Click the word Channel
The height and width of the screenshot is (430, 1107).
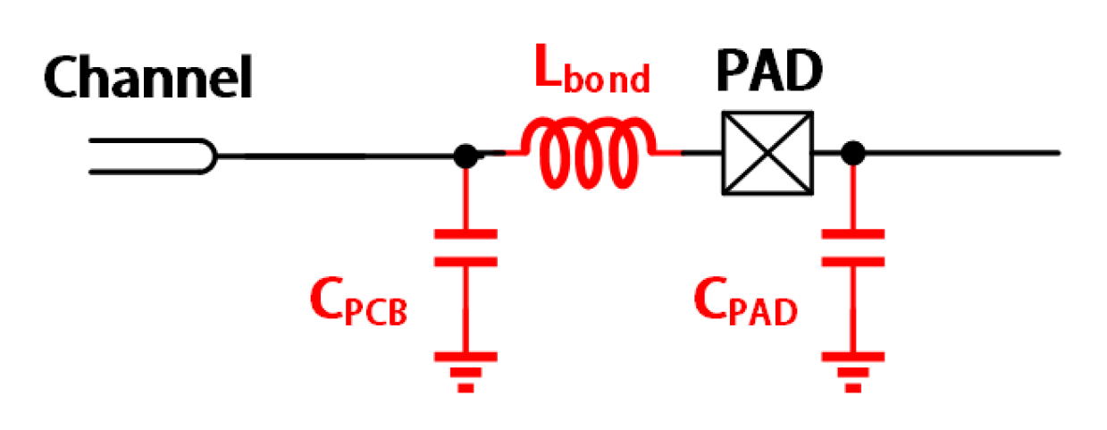pos(148,79)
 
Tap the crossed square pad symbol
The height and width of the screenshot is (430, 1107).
pos(768,153)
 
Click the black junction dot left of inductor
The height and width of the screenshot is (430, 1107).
pos(465,156)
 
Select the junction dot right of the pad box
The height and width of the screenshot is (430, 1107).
pos(853,153)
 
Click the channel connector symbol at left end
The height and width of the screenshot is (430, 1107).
pos(152,156)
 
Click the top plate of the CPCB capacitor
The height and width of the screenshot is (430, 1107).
pos(465,234)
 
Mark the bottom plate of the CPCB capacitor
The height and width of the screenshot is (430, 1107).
pos(465,261)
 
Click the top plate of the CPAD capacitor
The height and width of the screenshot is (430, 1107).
pos(853,234)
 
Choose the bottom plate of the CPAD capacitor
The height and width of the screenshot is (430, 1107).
pos(853,261)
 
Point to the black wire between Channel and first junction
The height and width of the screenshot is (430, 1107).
pos(340,156)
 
